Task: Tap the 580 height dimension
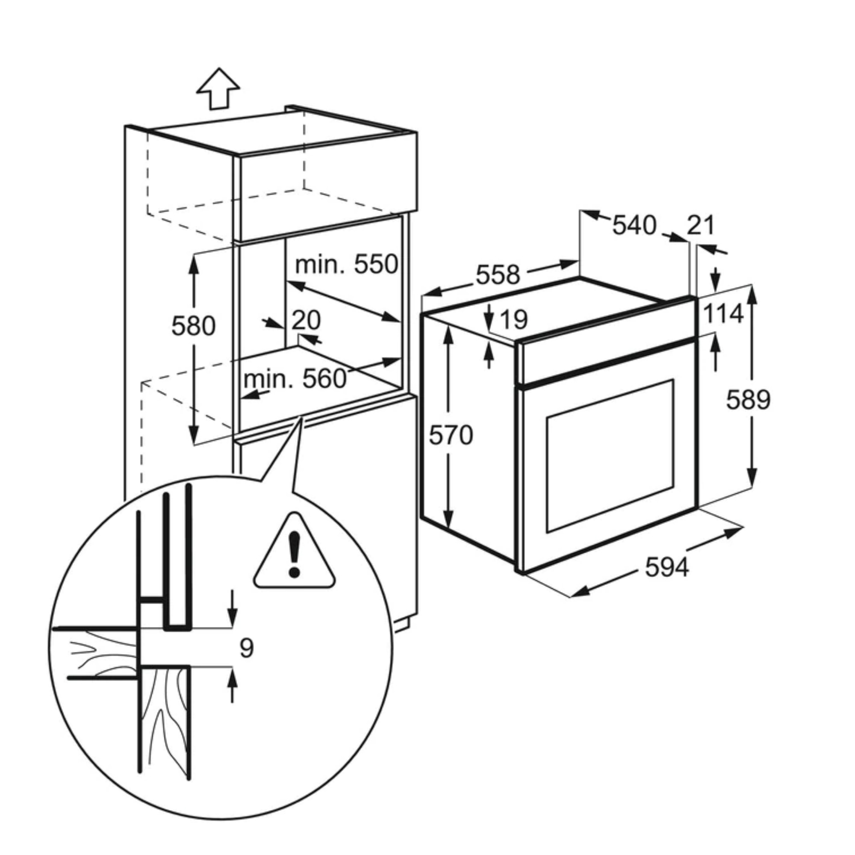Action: click(193, 326)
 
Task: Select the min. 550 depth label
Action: click(347, 264)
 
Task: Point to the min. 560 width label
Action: click(295, 379)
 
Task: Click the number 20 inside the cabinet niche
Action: click(306, 320)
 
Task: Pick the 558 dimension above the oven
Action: click(498, 275)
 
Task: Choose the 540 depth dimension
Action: click(634, 225)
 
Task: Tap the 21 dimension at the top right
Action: click(701, 225)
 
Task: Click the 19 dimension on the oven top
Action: click(513, 319)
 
